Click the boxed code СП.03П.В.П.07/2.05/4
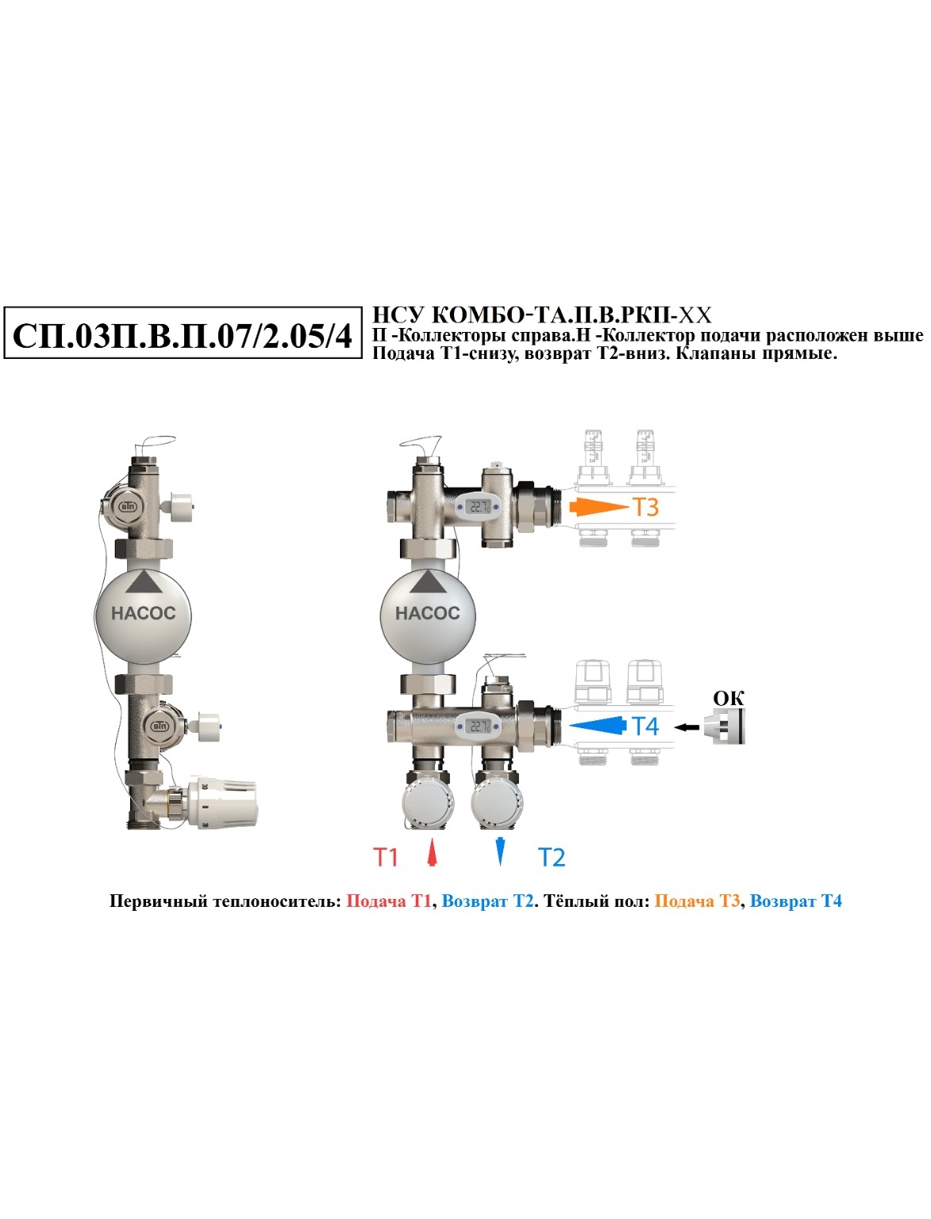click(182, 336)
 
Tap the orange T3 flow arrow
click(598, 507)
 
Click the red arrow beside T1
click(432, 852)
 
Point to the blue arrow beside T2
click(501, 851)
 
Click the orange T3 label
click(645, 507)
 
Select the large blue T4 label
click(645, 726)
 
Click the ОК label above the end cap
click(729, 699)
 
